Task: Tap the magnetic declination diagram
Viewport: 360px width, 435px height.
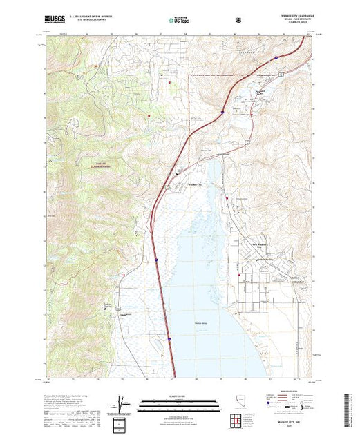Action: tap(122, 404)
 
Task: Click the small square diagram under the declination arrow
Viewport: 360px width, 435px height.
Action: tap(122, 423)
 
